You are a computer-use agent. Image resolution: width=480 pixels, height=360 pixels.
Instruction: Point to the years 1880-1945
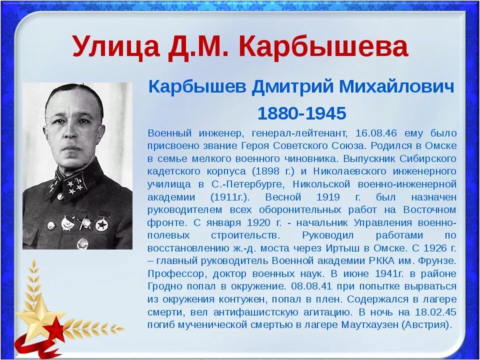click(x=301, y=113)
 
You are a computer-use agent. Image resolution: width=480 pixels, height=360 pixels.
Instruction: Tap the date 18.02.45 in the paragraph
click(x=435, y=311)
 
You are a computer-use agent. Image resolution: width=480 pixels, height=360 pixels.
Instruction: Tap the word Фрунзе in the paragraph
click(x=439, y=260)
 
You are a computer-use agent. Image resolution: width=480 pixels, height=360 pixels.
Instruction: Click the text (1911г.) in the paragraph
click(x=231, y=197)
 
